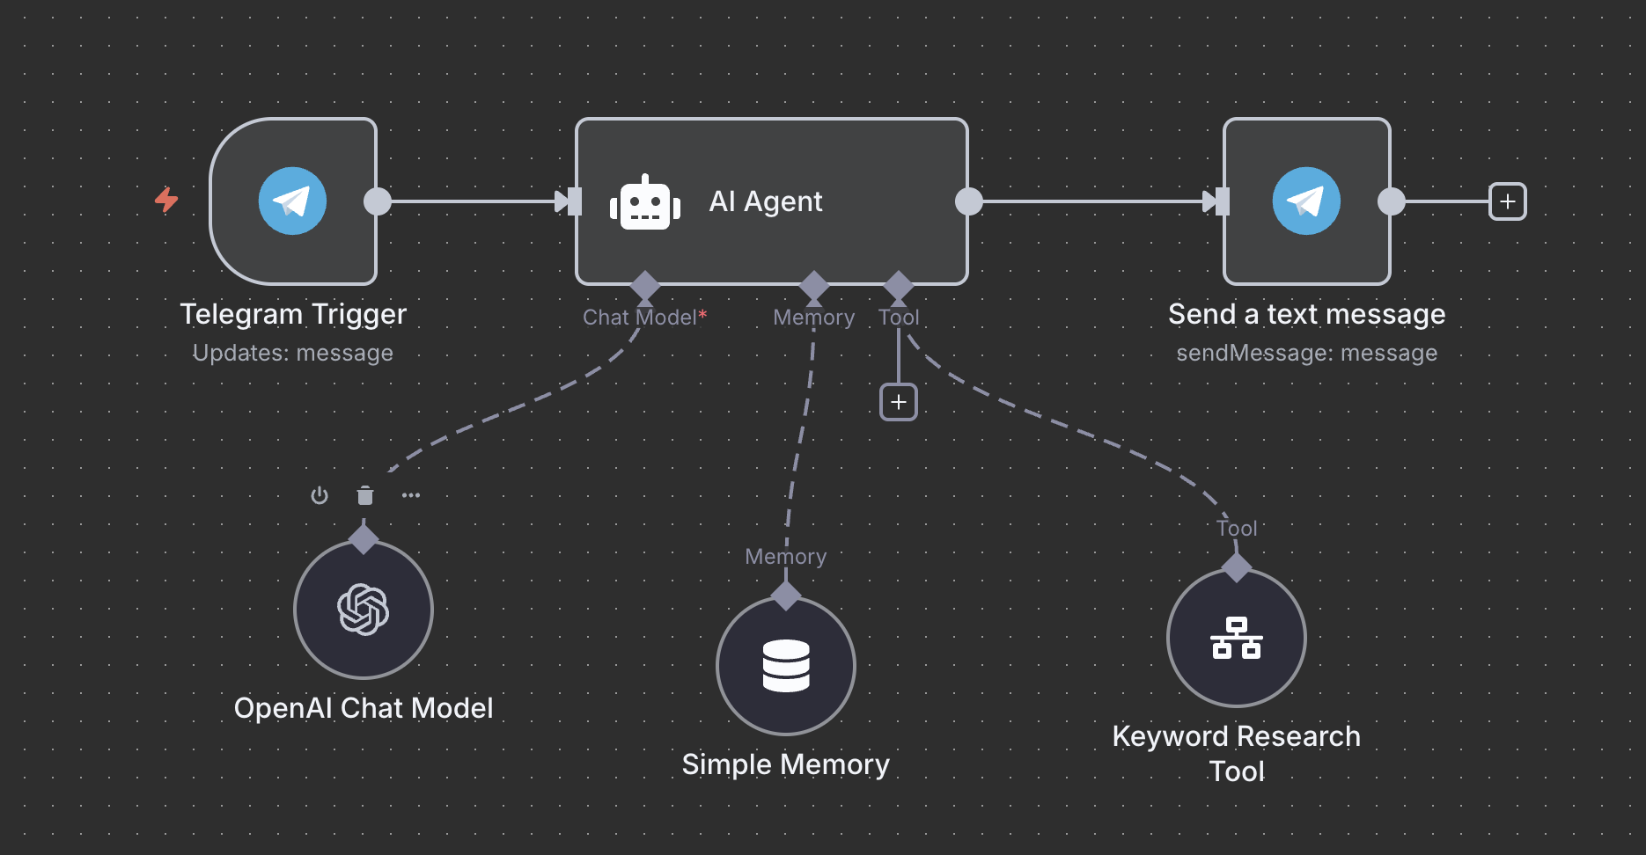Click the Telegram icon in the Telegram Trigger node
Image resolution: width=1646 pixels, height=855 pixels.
292,201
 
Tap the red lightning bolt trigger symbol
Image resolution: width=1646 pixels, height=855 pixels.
166,200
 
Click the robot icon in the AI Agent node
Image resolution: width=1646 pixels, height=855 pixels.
645,203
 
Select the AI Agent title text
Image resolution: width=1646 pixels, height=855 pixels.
766,201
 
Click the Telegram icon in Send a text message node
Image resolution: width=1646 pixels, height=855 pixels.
1306,201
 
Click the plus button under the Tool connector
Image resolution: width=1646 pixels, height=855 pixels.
899,402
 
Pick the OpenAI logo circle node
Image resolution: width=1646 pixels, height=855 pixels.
364,610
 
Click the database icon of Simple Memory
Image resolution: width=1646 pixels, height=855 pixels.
786,666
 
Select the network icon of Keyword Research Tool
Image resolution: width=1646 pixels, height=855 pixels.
1237,638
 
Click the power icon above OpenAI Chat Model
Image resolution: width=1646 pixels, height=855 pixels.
320,495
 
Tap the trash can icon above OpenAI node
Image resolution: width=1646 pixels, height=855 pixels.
365,495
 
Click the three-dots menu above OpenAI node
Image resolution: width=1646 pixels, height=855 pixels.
411,495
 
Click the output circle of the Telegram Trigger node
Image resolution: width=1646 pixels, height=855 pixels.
378,201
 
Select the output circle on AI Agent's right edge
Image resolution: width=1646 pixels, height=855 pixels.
969,201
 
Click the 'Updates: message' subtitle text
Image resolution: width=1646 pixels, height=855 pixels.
293,353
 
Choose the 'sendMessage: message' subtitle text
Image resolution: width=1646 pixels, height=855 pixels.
1306,353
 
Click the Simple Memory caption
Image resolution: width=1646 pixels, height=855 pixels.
786,764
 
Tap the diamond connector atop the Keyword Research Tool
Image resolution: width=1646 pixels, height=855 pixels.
1237,567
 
